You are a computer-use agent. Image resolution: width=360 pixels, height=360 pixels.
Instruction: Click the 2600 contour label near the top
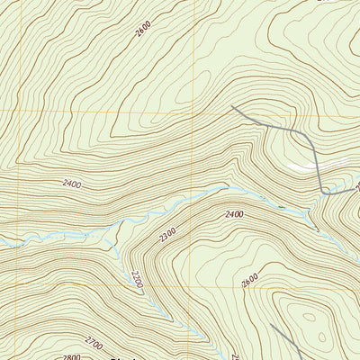tap(143, 29)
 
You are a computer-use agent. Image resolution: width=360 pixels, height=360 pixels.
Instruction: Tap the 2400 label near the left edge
tap(72, 184)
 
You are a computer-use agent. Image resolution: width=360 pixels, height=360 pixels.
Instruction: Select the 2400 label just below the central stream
tap(234, 214)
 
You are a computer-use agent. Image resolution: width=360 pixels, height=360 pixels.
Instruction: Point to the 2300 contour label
tap(167, 236)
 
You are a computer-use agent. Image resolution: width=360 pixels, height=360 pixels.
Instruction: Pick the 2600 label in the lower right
tap(249, 281)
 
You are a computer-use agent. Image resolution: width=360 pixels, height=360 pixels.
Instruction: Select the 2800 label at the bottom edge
tap(72, 356)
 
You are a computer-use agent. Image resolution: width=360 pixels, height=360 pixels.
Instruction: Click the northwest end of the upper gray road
tap(232, 107)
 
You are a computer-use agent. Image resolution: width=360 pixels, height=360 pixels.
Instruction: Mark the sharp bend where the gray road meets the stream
tap(322, 191)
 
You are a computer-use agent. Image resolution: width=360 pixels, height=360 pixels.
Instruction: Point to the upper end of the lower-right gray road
tap(271, 325)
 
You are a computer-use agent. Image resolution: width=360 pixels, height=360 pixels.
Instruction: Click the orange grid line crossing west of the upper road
tap(193, 111)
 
